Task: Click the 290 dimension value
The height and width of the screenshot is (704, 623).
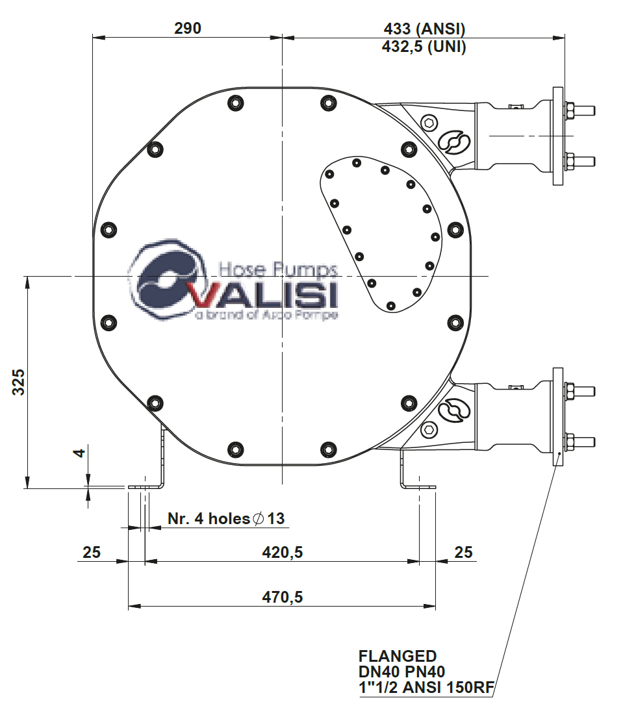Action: click(188, 28)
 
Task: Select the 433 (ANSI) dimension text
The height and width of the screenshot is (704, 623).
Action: click(425, 29)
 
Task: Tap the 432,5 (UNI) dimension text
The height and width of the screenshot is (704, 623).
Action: click(424, 47)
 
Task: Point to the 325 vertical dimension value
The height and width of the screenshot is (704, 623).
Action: click(19, 382)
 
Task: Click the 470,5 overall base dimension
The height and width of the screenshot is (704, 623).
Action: click(283, 597)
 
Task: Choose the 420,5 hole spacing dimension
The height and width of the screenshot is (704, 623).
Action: click(283, 552)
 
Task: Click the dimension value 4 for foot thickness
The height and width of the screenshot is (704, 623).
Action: click(79, 453)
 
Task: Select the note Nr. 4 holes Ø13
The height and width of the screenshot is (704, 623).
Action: click(226, 518)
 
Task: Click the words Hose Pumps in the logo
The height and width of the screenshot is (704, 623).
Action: click(278, 269)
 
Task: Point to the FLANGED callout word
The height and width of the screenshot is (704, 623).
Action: click(398, 656)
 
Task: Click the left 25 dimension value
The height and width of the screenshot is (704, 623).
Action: click(92, 552)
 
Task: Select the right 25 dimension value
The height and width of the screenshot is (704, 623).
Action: click(463, 552)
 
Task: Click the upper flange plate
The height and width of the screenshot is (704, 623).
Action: click(557, 136)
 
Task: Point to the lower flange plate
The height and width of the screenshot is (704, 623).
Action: click(557, 416)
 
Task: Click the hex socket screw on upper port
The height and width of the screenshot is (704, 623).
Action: click(429, 122)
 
